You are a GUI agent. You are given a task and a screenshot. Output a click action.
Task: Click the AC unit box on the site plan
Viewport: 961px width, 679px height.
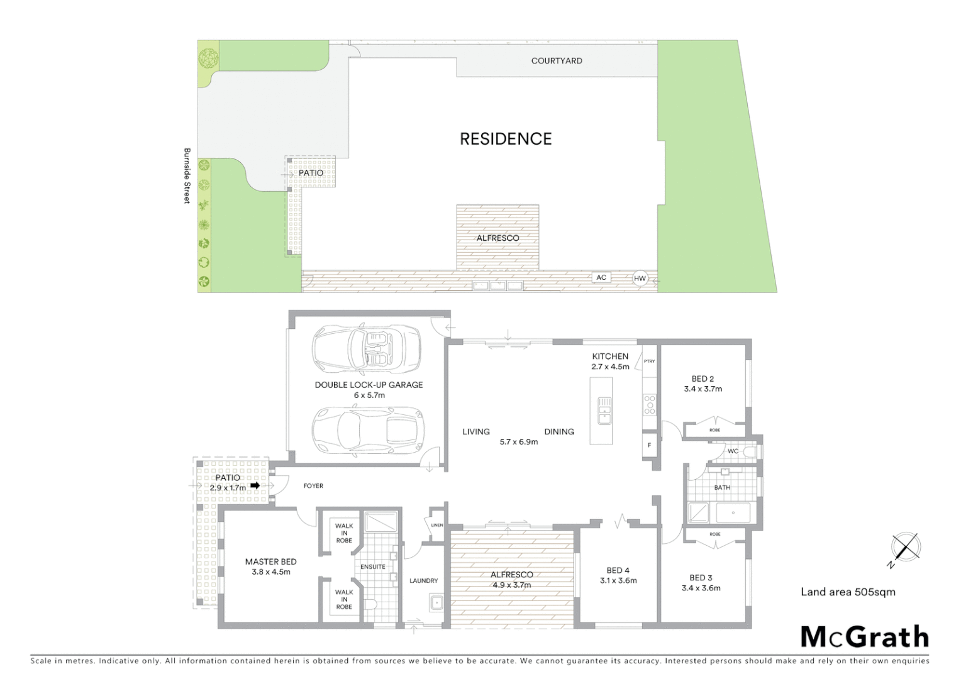click(601, 277)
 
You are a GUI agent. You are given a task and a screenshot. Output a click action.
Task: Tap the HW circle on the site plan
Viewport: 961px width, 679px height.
click(640, 279)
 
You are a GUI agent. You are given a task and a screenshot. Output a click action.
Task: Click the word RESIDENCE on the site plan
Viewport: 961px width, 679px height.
click(506, 139)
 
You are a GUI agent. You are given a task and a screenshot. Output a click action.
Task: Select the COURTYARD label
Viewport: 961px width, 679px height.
click(557, 61)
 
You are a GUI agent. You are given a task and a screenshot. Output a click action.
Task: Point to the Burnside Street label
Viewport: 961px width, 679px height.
click(187, 175)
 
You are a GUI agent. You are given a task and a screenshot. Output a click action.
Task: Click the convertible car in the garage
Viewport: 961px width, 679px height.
click(366, 349)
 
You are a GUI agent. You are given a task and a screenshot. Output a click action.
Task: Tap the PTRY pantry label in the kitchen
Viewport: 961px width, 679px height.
click(649, 362)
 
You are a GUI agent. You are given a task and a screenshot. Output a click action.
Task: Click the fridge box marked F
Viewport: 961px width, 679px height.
click(649, 445)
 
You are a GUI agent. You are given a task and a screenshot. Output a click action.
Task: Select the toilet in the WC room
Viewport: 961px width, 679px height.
click(751, 451)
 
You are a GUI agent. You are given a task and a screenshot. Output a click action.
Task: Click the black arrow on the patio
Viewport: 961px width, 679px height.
click(255, 486)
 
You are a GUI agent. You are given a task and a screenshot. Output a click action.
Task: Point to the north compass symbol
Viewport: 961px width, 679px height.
click(905, 547)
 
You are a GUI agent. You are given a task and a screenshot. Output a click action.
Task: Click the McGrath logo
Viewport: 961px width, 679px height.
click(864, 637)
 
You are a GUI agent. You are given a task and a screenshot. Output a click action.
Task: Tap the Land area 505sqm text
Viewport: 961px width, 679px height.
click(848, 592)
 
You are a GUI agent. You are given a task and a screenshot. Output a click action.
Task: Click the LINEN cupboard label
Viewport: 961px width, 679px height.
click(436, 525)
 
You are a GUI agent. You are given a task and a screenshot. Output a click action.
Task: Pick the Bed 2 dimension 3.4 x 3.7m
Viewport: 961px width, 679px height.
click(703, 389)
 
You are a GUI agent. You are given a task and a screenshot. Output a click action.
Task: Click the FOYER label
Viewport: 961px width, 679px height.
click(313, 486)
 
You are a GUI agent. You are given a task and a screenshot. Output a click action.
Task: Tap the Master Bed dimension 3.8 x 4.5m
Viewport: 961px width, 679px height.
click(270, 572)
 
